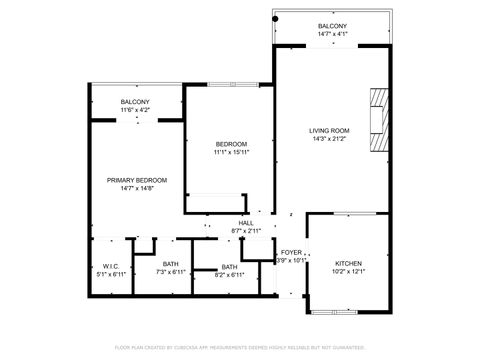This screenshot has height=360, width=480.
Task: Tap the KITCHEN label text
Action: tap(348, 263)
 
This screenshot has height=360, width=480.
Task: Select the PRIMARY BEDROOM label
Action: tap(137, 180)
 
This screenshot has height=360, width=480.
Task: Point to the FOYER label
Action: tap(291, 253)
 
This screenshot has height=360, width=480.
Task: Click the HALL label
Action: tap(245, 223)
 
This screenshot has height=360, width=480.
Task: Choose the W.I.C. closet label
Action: tap(111, 266)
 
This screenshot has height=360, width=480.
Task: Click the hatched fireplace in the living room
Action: tap(376, 119)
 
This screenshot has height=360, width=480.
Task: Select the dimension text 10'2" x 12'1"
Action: tap(348, 272)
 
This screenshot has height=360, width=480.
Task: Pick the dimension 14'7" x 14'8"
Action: tap(137, 189)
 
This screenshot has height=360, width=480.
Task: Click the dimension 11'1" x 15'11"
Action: tap(230, 153)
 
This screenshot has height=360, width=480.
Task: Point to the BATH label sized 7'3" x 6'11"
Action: tap(171, 266)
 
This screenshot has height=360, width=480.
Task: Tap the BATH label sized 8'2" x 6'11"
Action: tap(230, 267)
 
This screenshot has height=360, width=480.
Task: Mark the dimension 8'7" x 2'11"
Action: tap(245, 232)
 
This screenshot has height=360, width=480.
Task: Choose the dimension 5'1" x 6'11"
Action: tap(111, 274)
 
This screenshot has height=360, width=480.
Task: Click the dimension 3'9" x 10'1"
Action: tap(291, 261)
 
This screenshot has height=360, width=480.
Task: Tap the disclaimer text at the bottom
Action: tap(240, 347)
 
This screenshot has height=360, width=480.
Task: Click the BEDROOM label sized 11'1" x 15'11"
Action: tap(230, 144)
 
